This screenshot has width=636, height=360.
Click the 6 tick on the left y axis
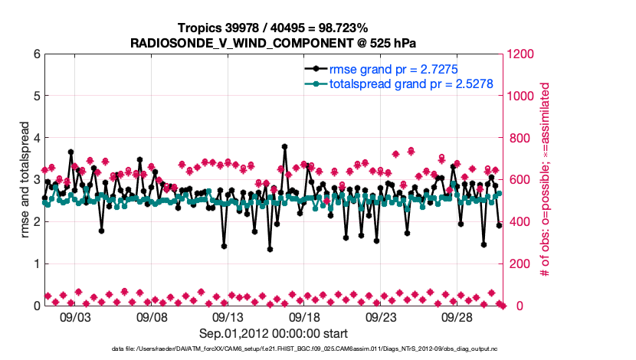click(x=35, y=54)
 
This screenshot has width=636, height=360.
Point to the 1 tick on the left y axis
click(x=35, y=263)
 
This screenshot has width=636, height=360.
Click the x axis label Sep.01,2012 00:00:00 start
click(x=272, y=333)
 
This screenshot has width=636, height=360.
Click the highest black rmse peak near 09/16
click(x=284, y=146)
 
